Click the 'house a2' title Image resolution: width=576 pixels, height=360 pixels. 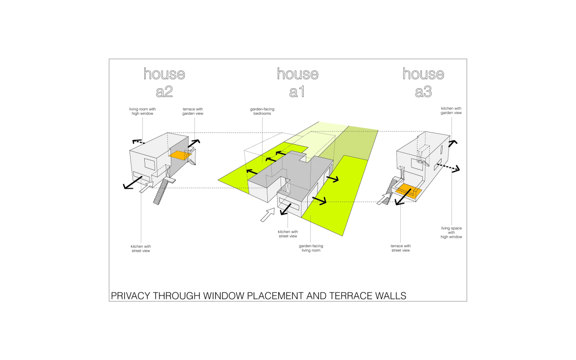pyautogui.click(x=164, y=82)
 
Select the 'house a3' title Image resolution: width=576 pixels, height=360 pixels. pyautogui.click(x=423, y=82)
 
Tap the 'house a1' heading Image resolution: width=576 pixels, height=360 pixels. pyautogui.click(x=297, y=82)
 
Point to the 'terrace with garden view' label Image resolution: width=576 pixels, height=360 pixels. pyautogui.click(x=192, y=111)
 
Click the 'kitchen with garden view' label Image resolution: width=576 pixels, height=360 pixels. pyautogui.click(x=451, y=110)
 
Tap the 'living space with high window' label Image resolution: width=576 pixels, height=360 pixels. pyautogui.click(x=451, y=232)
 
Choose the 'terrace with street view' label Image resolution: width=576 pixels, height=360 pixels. pyautogui.click(x=400, y=248)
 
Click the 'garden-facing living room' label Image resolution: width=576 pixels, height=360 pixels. pyautogui.click(x=311, y=248)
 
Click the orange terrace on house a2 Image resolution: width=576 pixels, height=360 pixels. pyautogui.click(x=180, y=156)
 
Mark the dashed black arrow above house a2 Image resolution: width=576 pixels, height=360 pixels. pyautogui.click(x=139, y=141)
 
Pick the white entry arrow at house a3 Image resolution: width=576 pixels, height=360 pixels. pyautogui.click(x=384, y=198)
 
